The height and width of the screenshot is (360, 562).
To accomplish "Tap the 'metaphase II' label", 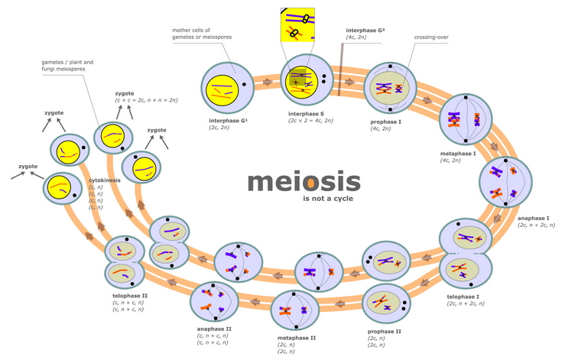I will [x=297, y=336].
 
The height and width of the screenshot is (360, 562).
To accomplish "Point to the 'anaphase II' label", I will [x=214, y=328].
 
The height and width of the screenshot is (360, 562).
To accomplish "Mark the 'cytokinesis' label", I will [x=106, y=180].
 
